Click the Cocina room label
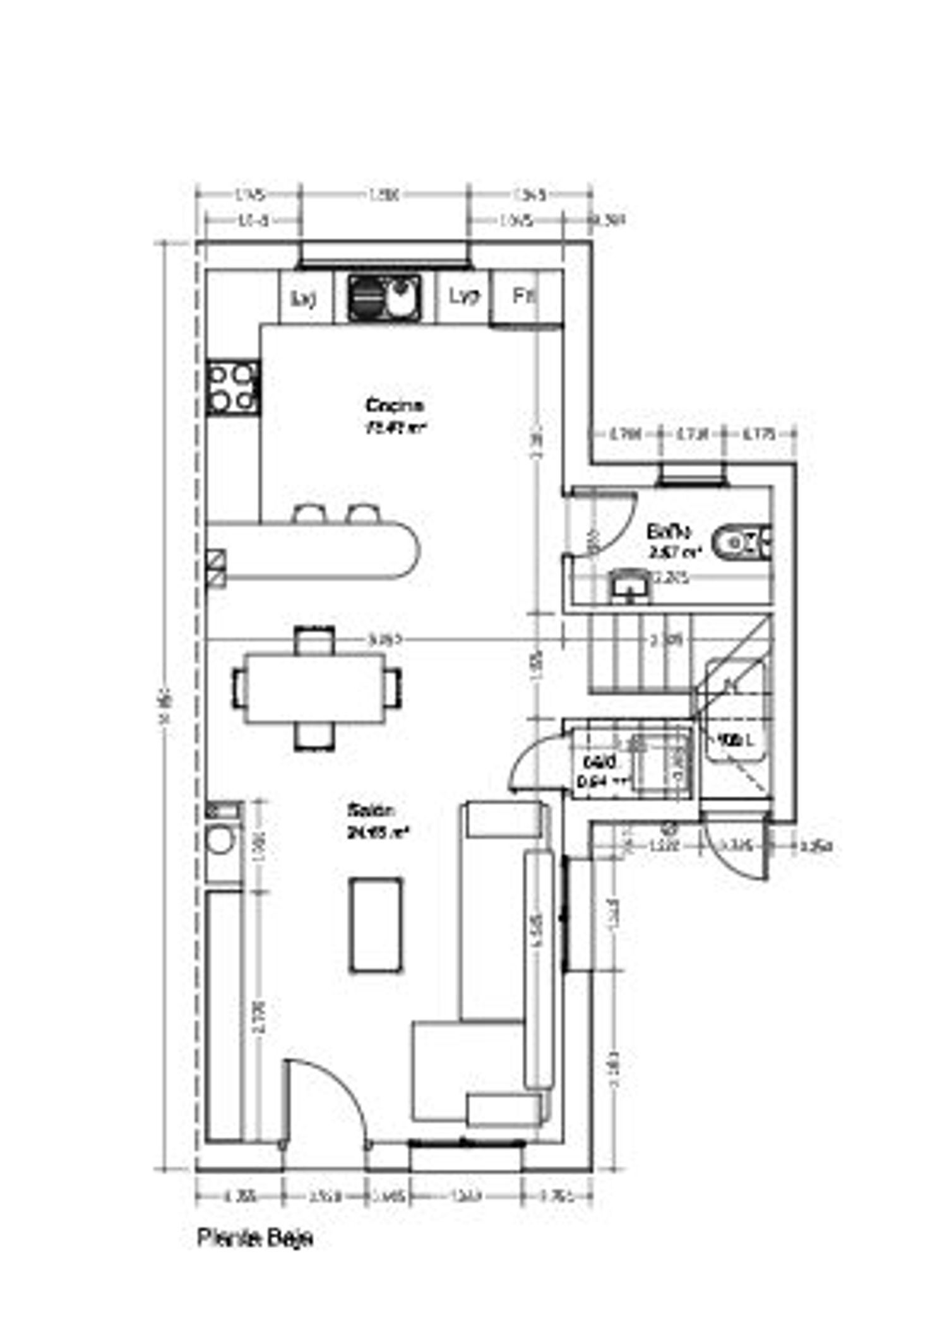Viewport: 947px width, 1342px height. click(x=395, y=405)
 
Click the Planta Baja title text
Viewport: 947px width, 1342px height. click(x=255, y=1238)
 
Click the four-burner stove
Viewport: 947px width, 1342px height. click(x=232, y=387)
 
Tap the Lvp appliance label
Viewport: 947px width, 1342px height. click(x=465, y=295)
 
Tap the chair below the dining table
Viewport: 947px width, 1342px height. click(x=315, y=736)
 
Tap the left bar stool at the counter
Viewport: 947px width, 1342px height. click(x=309, y=513)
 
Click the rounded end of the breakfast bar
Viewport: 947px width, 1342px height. click(x=407, y=549)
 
